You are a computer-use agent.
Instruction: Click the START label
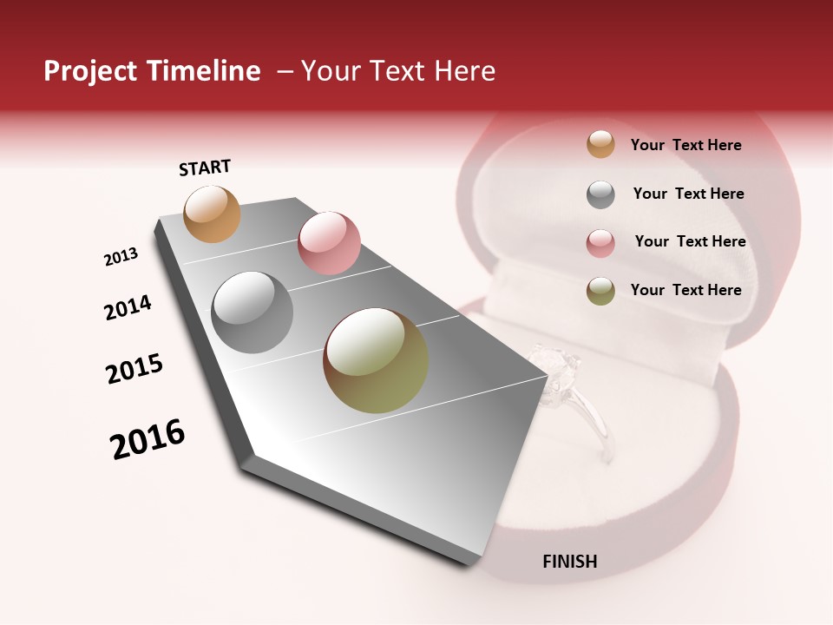click(x=205, y=168)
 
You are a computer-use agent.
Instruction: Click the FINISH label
click(x=569, y=562)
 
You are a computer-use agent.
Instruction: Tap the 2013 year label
click(x=121, y=257)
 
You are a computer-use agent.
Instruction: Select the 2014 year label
click(x=128, y=307)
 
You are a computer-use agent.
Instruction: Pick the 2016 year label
click(x=148, y=438)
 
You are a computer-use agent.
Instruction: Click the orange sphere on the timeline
click(x=212, y=214)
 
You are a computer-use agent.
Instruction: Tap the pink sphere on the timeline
click(x=329, y=243)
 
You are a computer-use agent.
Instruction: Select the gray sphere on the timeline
click(x=252, y=312)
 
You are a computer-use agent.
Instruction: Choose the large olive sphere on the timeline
click(x=376, y=360)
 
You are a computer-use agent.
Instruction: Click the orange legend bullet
click(x=600, y=144)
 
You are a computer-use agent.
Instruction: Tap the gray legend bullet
click(x=600, y=194)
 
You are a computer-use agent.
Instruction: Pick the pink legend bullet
click(x=600, y=243)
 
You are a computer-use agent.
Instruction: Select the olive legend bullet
click(x=600, y=291)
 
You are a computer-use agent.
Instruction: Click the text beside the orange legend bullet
click(x=685, y=145)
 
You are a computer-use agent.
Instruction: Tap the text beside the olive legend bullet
click(x=685, y=290)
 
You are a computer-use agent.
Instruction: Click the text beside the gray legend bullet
click(x=688, y=194)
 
